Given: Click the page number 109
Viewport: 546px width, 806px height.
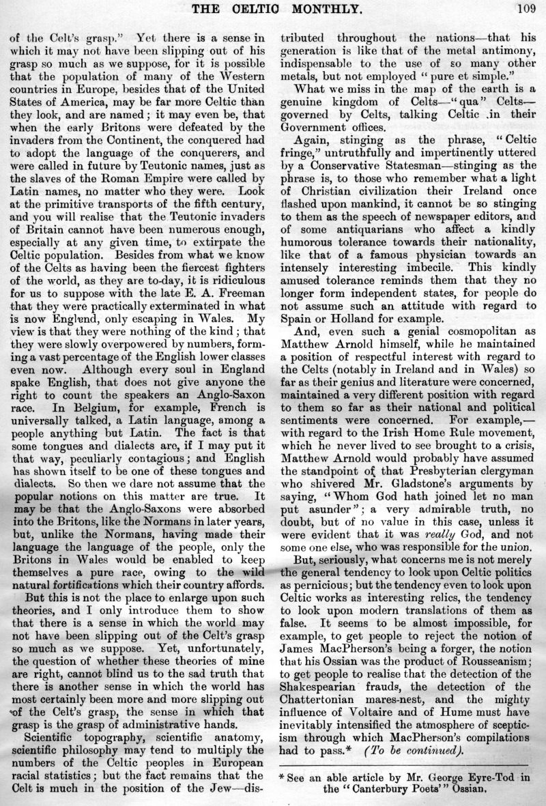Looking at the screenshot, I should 525,8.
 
